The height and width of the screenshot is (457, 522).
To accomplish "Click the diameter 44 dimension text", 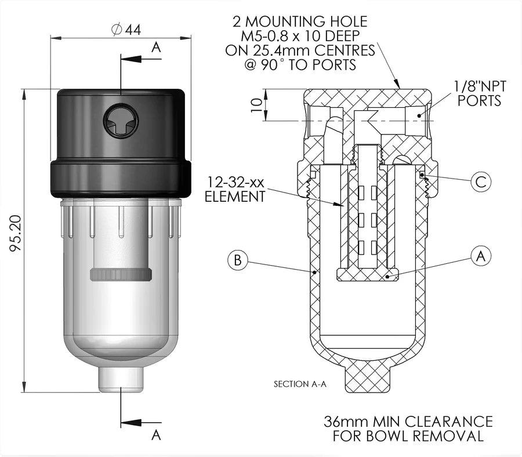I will click(125, 30).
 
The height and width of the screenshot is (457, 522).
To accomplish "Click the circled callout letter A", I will click(480, 256).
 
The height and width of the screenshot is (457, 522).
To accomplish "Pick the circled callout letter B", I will click(237, 260).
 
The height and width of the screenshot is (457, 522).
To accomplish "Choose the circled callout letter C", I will click(480, 182).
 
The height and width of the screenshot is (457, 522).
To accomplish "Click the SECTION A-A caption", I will click(299, 384).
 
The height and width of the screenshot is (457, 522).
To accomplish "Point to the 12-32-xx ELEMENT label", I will click(234, 189).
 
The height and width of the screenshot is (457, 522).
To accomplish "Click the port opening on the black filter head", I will click(121, 122).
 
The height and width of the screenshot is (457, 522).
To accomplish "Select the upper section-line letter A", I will click(155, 48).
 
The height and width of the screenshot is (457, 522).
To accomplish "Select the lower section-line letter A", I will click(155, 434).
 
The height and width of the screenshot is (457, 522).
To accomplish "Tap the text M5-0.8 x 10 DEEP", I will click(300, 37).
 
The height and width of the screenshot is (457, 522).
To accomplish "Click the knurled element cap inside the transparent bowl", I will click(121, 274).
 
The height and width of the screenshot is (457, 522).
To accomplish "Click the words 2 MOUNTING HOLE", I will click(300, 22).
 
